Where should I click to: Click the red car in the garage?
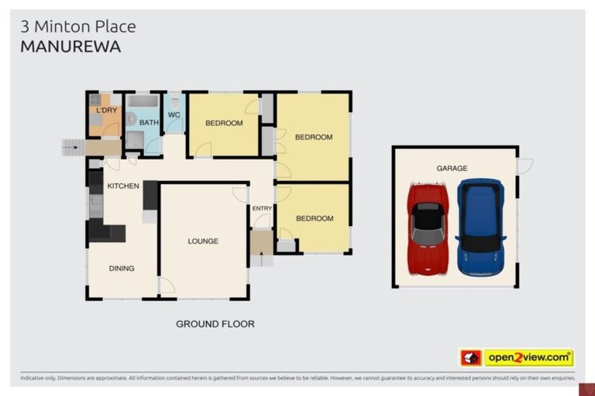click(x=428, y=229)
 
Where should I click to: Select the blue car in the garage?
click(x=480, y=227)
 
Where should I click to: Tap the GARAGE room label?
click(x=452, y=168)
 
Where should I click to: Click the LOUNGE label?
click(x=203, y=241)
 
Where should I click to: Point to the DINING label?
click(x=122, y=268)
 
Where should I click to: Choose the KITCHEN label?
click(x=123, y=186)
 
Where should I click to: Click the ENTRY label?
click(x=262, y=208)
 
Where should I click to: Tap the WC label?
click(x=174, y=117)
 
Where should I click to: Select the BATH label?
click(x=149, y=122)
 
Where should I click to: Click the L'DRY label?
click(x=106, y=111)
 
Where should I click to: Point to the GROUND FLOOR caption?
click(x=215, y=324)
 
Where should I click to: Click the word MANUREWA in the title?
click(x=71, y=46)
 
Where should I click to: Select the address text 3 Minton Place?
click(x=77, y=26)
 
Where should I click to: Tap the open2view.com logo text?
click(x=528, y=357)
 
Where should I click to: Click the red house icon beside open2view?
click(x=471, y=357)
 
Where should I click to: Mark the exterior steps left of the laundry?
click(x=72, y=147)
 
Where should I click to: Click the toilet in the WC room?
click(x=174, y=103)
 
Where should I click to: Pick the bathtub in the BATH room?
click(x=143, y=101)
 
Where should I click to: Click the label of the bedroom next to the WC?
click(x=224, y=123)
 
